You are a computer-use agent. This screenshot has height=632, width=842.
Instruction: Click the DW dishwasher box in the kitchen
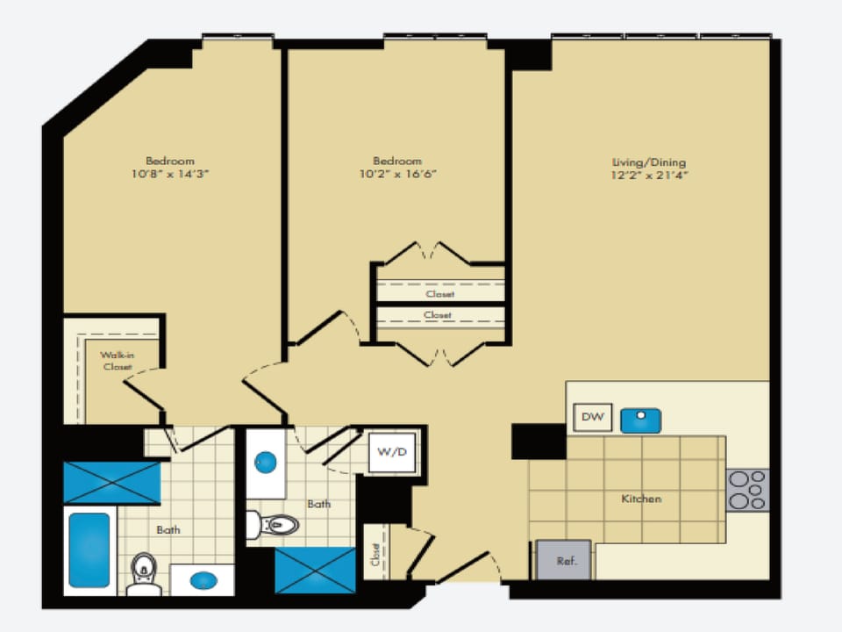(592, 417)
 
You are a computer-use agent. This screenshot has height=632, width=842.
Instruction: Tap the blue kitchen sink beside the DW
(640, 420)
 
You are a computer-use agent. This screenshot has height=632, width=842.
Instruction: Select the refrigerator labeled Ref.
(564, 560)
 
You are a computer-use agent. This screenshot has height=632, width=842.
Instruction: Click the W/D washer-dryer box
(392, 453)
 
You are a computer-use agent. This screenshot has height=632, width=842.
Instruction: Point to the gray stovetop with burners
(747, 490)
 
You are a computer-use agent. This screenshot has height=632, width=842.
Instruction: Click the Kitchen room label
(641, 499)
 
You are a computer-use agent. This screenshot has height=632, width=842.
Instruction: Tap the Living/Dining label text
(649, 162)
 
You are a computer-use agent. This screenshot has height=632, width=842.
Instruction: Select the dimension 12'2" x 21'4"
(649, 176)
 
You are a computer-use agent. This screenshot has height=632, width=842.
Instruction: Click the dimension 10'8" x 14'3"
(169, 174)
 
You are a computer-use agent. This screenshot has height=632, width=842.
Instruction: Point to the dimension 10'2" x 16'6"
(397, 174)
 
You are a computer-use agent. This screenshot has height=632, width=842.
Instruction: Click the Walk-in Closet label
(118, 361)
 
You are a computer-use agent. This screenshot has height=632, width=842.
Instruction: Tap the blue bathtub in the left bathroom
(89, 549)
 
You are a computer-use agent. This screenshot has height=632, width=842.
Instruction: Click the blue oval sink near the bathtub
(203, 580)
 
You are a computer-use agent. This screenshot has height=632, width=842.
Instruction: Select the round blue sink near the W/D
(265, 463)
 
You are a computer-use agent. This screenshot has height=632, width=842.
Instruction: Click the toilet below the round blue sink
(272, 525)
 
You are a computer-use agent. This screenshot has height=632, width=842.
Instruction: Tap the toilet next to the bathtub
(143, 574)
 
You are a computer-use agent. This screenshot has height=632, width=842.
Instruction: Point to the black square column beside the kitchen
(539, 442)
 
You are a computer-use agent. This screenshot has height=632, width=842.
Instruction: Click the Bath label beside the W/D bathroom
(319, 504)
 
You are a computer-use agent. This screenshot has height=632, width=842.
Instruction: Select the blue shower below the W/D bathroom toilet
(315, 571)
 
